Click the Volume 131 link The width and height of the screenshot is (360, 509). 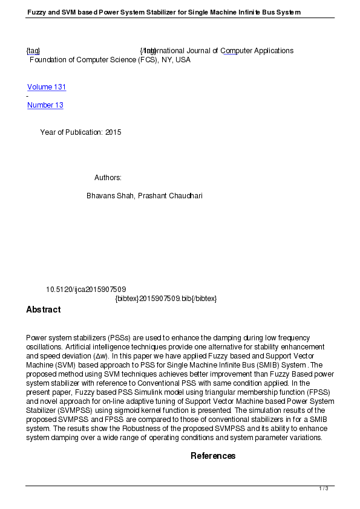[47, 87]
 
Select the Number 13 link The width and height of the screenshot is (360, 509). [45, 105]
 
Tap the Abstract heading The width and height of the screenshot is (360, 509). [43, 310]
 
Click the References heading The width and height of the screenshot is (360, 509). [213, 456]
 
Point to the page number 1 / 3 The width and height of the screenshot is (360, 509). [324, 488]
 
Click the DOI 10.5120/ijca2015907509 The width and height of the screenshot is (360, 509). [86, 290]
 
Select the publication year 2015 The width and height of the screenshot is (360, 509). [113, 132]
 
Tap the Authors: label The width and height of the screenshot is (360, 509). [108, 178]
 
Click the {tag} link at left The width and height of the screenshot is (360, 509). [33, 51]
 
